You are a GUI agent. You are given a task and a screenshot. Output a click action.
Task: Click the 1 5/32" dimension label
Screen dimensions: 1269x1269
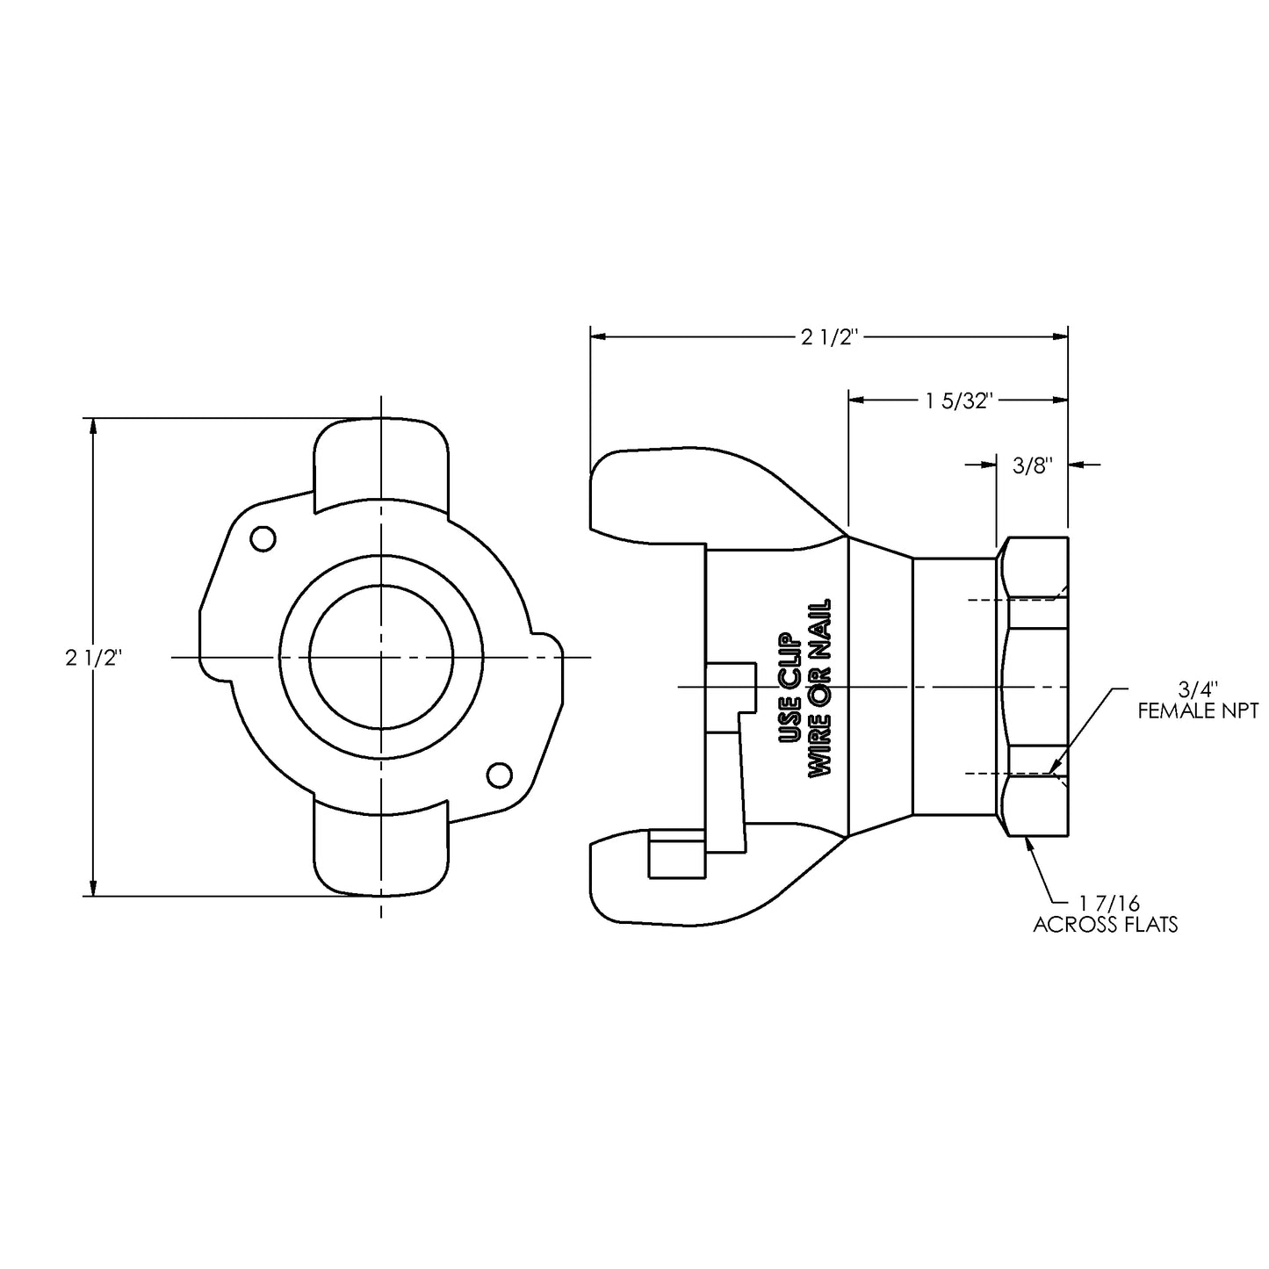click(958, 400)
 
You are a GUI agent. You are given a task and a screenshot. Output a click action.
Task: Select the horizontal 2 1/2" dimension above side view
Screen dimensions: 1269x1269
click(827, 336)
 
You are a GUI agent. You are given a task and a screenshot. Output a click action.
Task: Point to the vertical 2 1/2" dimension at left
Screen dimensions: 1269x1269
click(92, 657)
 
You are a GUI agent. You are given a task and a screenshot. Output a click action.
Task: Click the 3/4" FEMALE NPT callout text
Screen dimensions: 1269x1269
click(1198, 700)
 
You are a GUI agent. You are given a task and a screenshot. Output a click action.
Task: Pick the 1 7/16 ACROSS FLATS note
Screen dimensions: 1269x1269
click(1105, 913)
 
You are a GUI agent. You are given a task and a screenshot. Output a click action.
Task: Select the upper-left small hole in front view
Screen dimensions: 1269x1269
click(263, 539)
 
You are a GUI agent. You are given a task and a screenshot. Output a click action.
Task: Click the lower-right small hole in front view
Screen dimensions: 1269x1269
click(499, 775)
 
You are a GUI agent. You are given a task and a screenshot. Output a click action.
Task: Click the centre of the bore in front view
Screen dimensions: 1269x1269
click(380, 657)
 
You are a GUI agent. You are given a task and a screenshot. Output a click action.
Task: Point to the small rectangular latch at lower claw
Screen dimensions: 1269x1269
click(675, 855)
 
